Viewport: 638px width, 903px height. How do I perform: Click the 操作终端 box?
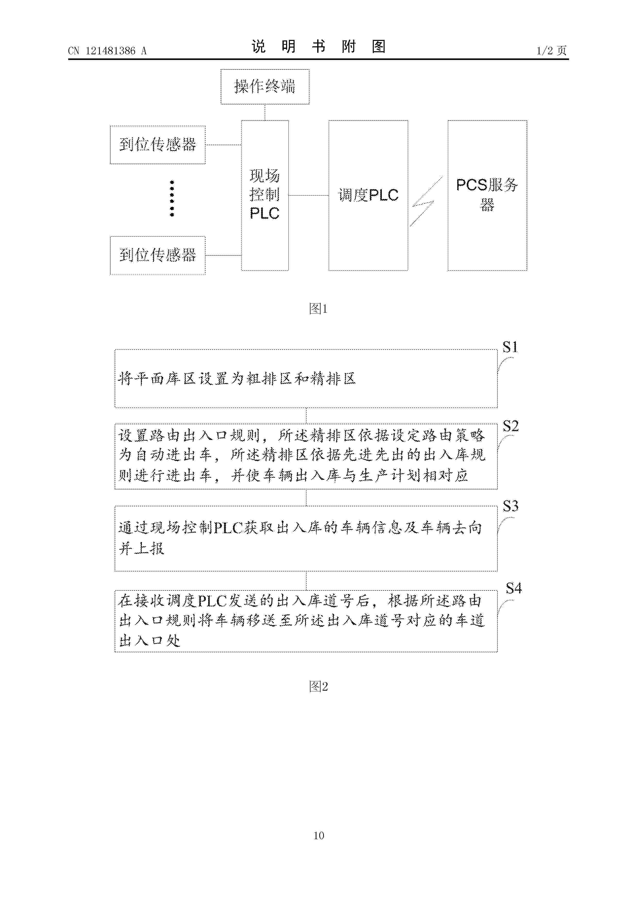click(264, 86)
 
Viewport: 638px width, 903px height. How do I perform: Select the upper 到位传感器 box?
click(158, 145)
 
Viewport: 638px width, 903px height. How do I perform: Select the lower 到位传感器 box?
click(158, 255)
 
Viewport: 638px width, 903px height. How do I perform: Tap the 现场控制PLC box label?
click(264, 194)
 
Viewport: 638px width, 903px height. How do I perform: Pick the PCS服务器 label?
click(487, 194)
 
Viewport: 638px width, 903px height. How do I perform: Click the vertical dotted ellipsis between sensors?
click(172, 198)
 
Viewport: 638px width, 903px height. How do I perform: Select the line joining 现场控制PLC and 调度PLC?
click(309, 195)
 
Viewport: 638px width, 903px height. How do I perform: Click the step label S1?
click(510, 347)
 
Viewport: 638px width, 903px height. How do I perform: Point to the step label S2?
click(511, 426)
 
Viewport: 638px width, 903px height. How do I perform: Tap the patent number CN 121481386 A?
click(107, 51)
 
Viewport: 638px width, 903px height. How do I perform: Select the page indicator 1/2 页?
click(552, 51)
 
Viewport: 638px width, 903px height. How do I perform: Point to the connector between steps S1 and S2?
click(306, 416)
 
